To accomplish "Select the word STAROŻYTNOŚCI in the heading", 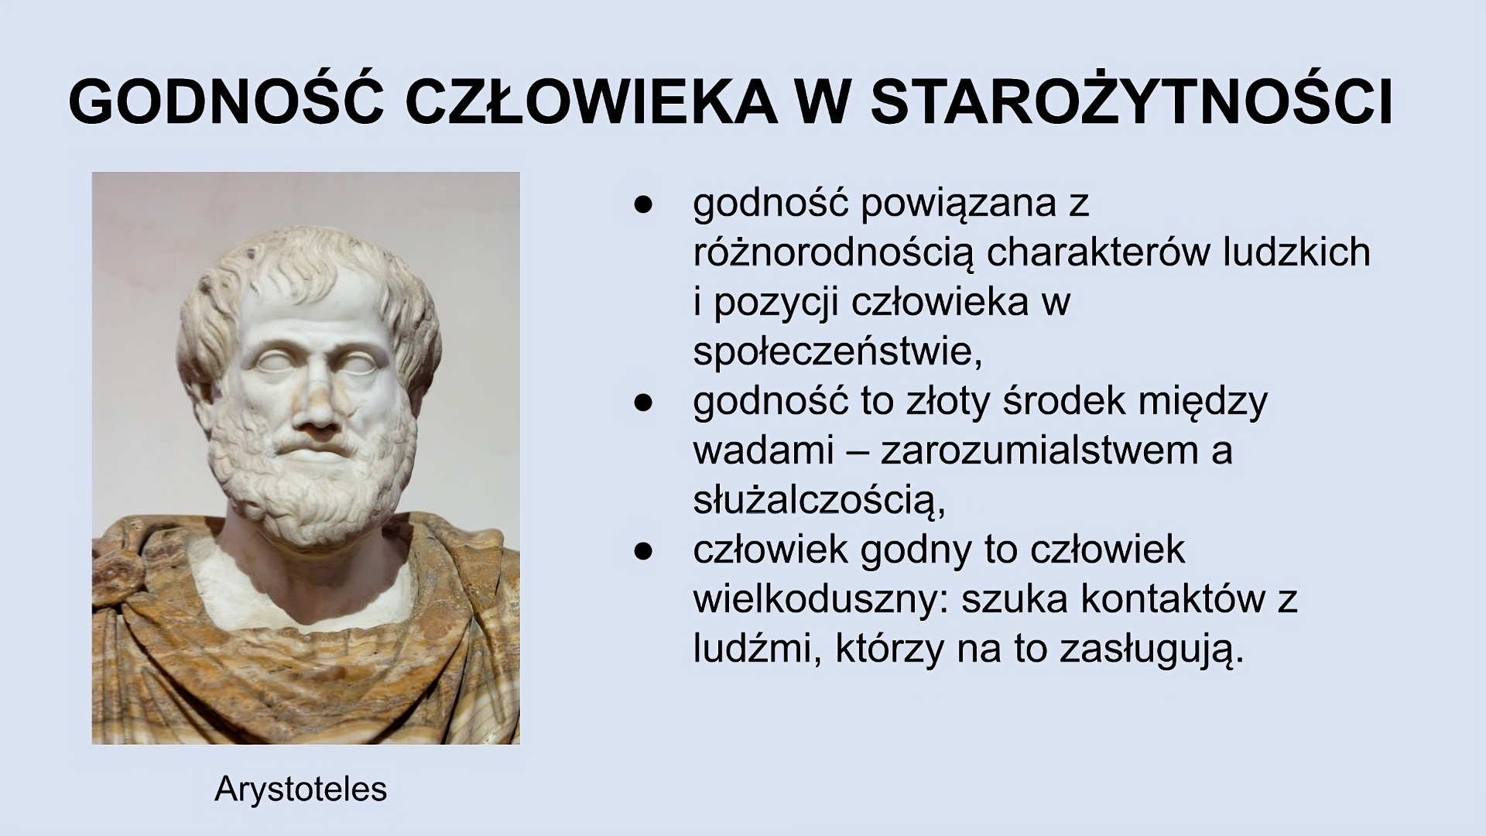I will pos(1132,102).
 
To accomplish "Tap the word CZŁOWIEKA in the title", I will pos(591,102).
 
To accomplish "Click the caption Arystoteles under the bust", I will pos(301,789).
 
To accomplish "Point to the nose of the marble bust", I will pos(316,406).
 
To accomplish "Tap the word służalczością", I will pos(819,501).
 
